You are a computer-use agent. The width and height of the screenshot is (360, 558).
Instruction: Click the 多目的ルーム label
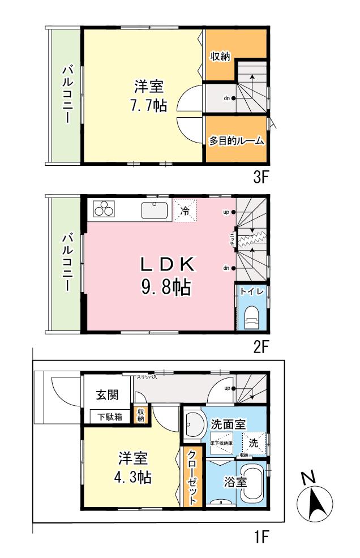236,141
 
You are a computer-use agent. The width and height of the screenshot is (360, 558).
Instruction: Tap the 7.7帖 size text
148,105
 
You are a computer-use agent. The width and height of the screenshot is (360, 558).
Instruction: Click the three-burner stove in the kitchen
104,209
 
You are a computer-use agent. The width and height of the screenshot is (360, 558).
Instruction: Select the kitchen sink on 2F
155,210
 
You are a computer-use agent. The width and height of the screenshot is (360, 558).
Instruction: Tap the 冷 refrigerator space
185,211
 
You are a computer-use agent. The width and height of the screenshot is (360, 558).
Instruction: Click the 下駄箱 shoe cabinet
109,417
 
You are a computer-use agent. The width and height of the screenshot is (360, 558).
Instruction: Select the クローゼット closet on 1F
192,476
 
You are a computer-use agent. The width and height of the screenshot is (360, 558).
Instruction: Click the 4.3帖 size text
133,477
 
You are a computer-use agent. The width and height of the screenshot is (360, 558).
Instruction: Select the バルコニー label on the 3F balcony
67,95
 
